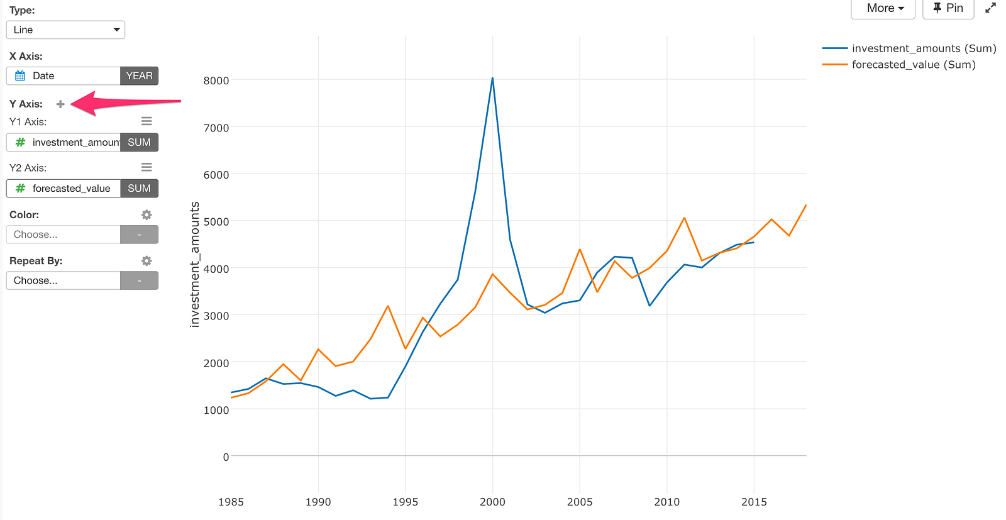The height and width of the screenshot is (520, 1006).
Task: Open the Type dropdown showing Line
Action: pos(65,30)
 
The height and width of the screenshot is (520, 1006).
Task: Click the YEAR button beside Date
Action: pos(139,76)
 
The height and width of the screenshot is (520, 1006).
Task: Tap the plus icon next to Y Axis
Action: pos(60,104)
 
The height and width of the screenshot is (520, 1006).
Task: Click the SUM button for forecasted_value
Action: pos(139,189)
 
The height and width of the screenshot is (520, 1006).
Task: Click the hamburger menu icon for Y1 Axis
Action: pos(146,121)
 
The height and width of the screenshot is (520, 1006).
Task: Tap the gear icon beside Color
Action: pos(146,215)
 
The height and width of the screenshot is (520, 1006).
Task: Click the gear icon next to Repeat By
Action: pos(146,261)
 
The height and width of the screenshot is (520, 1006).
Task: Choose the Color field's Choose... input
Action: pos(64,235)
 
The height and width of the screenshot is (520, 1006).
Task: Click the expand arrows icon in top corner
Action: pos(990,8)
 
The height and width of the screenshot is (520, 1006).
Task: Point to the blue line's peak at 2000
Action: pos(492,79)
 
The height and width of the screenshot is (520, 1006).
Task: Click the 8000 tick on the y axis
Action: pos(216,80)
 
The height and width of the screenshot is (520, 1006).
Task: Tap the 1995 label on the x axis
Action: pos(405,502)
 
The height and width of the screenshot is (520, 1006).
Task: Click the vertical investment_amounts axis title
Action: pos(195,264)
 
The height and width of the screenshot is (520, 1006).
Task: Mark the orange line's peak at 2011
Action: pos(684,218)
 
